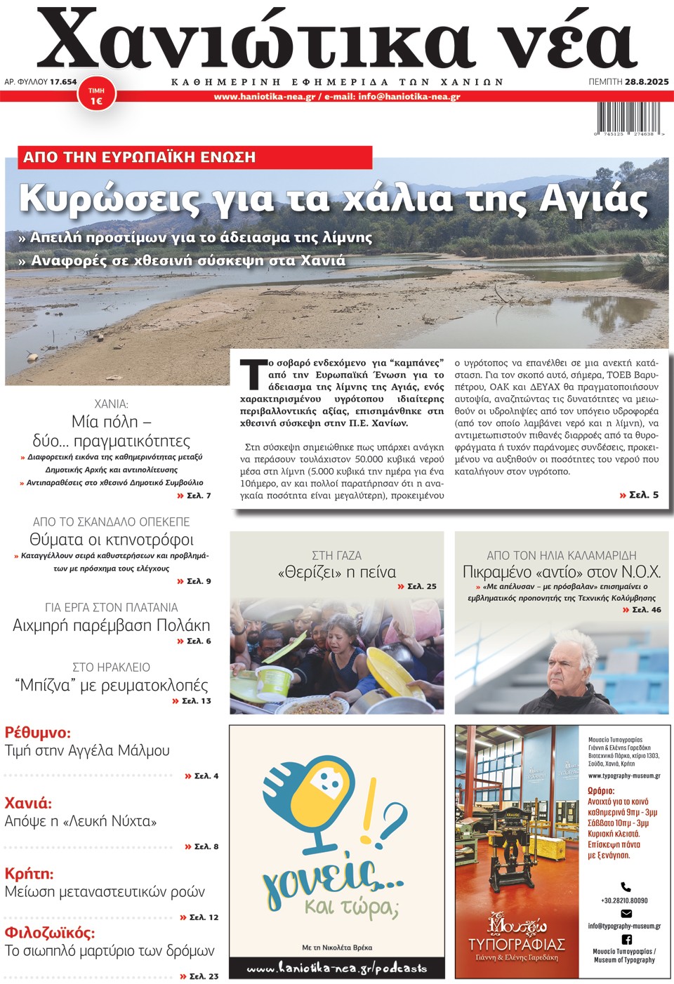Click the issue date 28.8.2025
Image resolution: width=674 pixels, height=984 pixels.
click(646, 82)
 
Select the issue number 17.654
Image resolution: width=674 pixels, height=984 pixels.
click(63, 82)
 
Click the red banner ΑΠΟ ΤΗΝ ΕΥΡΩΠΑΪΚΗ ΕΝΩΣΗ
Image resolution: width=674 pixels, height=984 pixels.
click(139, 157)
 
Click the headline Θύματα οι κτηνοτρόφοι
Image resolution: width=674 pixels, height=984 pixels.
click(112, 540)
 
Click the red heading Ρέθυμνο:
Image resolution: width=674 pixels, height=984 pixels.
click(38, 733)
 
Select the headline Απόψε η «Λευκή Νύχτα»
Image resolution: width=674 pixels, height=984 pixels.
click(81, 821)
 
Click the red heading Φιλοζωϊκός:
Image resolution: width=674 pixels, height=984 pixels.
click(50, 933)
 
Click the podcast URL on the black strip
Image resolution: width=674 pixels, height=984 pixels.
click(337, 968)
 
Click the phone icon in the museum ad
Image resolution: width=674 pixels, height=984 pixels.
click(626, 887)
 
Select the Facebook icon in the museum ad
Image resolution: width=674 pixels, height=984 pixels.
click(626, 939)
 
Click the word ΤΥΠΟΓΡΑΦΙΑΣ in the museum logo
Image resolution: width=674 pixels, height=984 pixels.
click(516, 944)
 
